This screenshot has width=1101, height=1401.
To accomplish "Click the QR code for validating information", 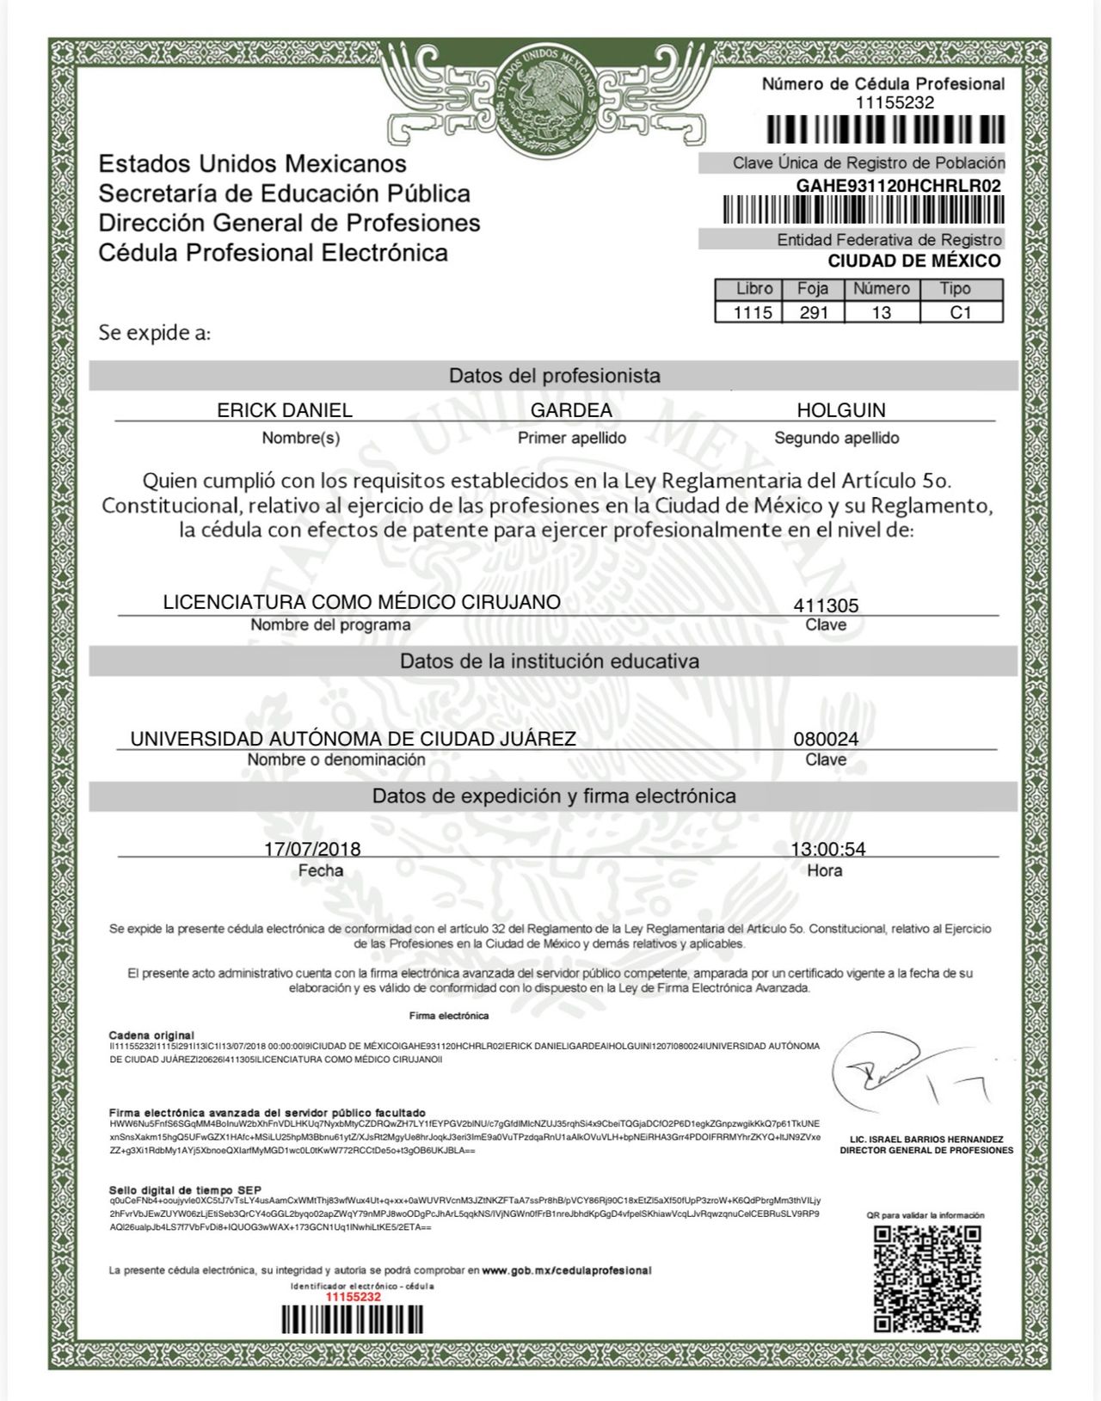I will click(x=927, y=1279).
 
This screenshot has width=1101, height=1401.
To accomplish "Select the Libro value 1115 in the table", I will click(x=753, y=312).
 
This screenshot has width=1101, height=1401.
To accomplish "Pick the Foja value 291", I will click(x=813, y=312).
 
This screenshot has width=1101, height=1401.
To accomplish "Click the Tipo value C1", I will click(x=960, y=312).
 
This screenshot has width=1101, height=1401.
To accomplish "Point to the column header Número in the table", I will click(x=881, y=289).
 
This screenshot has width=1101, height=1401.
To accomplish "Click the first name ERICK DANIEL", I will click(x=285, y=410).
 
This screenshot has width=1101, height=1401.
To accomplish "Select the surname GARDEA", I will click(x=571, y=410).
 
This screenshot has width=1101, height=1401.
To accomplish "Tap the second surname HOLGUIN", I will click(x=840, y=410).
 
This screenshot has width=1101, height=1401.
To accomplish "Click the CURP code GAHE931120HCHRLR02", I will click(x=898, y=186).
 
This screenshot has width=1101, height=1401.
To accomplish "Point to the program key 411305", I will click(x=826, y=605).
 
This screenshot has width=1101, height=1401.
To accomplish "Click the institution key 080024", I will click(x=826, y=739).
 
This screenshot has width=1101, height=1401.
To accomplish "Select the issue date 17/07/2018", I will click(x=312, y=849).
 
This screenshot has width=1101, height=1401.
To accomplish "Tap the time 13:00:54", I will click(x=827, y=849).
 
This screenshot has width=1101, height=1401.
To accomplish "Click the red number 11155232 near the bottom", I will click(x=354, y=1296).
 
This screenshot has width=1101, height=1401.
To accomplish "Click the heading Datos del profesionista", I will click(x=554, y=376).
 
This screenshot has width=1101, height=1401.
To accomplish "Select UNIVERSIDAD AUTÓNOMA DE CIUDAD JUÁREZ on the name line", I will click(x=353, y=739).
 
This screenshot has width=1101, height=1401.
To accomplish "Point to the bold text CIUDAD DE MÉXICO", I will click(x=913, y=261).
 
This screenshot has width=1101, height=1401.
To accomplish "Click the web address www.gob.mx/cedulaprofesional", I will click(x=566, y=1270).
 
